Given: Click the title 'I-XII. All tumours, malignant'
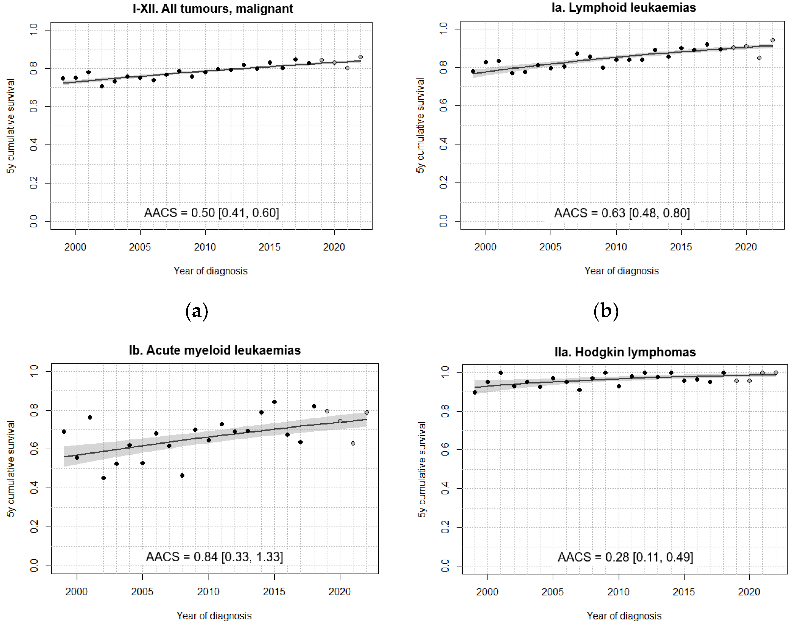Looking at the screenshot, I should coord(213,8).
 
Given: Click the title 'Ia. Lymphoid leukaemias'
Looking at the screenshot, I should coord(623,7).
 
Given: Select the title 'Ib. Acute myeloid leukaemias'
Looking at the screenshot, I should coord(215,350).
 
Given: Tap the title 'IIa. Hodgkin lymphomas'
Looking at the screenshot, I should coord(625,352).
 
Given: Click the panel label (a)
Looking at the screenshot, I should coord(197,311).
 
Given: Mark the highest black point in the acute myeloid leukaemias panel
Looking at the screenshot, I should coord(274,402).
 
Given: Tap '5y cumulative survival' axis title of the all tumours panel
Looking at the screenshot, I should coord(11,126).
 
